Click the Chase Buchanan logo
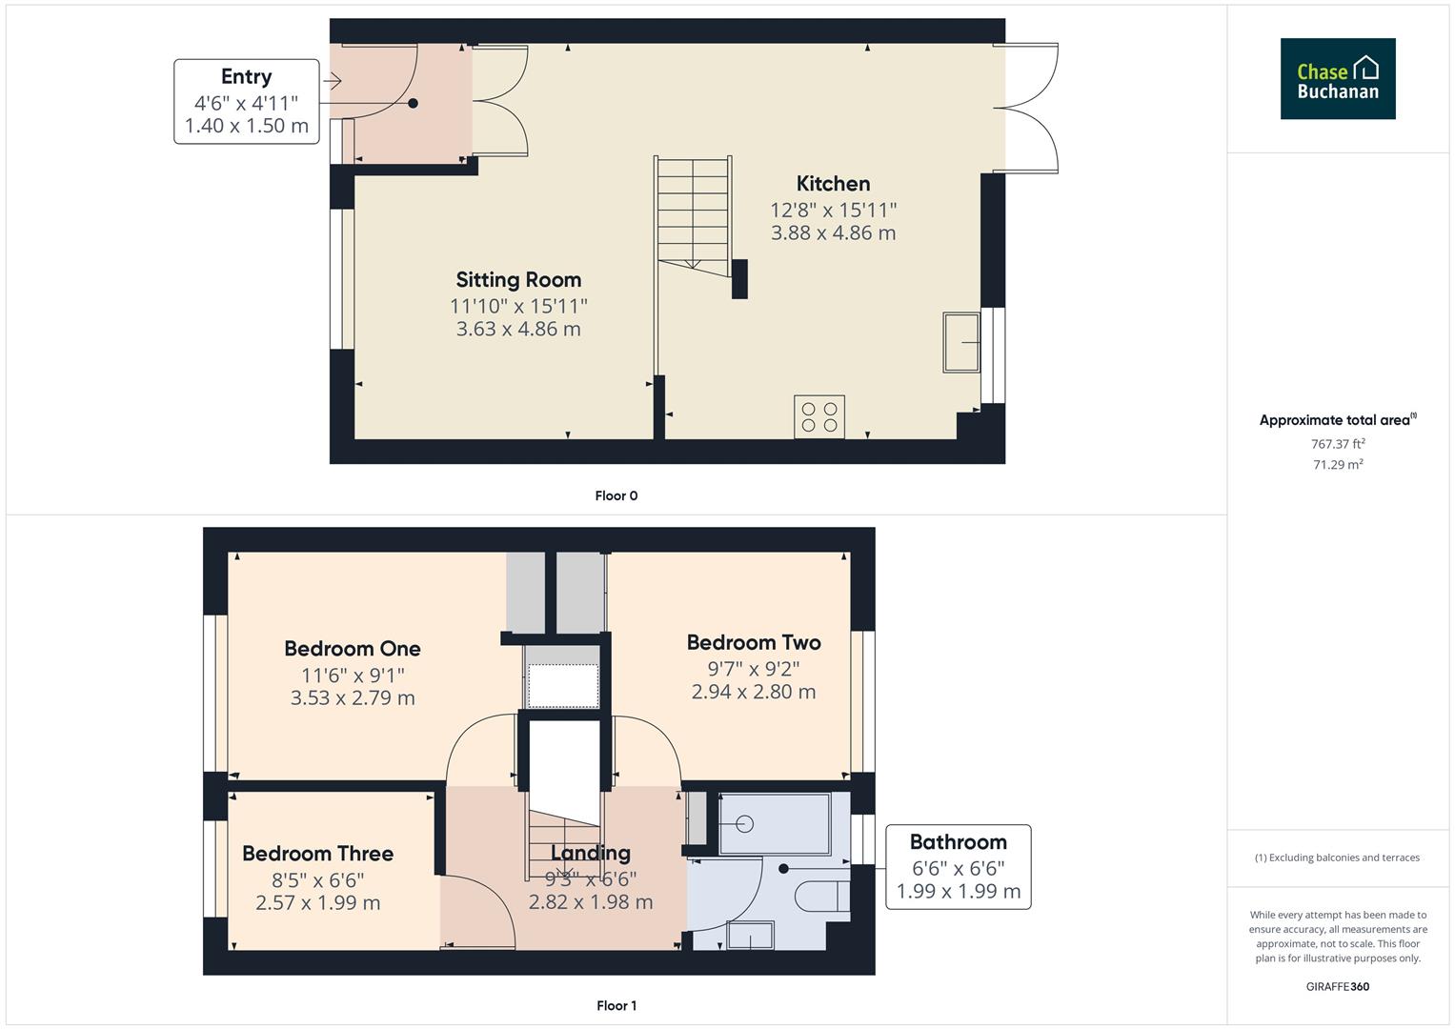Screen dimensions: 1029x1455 pos(1337,79)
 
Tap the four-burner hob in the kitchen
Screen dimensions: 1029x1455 pos(819,417)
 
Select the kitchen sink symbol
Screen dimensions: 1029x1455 pos(961,342)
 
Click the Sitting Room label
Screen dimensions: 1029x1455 pos(518,280)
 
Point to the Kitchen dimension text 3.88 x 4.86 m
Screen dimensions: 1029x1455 pos(833,233)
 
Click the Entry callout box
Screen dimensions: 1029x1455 pos(247,102)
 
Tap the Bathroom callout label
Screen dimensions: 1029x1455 pos(958,842)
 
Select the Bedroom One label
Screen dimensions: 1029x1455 pos(353,649)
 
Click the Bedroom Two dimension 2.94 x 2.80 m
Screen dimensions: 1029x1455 pos(753,693)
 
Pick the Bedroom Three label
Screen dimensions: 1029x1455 pos(317,854)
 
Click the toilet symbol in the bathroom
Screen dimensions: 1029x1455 pos(820,898)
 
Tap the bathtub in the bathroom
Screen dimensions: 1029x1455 pos(774,823)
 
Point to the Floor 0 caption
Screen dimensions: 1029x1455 pos(616,495)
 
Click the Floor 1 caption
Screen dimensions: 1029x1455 pos(616,1005)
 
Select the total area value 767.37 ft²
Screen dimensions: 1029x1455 pos(1338,444)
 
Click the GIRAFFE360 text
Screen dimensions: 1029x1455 pos(1337,987)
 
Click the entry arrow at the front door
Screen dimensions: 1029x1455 pos(333,82)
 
